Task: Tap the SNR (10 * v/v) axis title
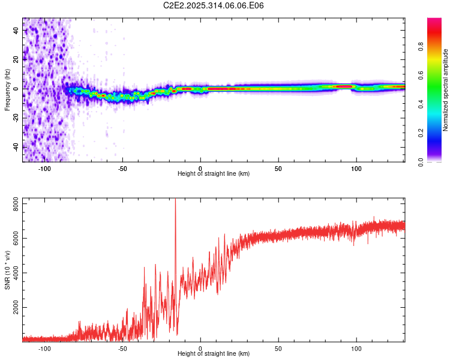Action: click(x=7, y=269)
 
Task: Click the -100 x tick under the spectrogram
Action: click(x=44, y=169)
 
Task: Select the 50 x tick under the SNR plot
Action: click(x=278, y=348)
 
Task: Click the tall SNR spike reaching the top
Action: click(x=175, y=207)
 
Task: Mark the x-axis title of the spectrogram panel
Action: click(x=214, y=174)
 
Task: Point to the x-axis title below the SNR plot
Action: click(x=214, y=354)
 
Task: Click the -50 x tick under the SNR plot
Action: click(x=122, y=348)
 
